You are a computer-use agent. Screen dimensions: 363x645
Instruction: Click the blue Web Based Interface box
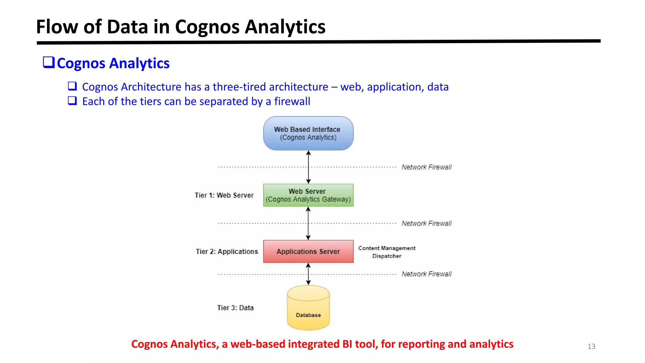(308, 133)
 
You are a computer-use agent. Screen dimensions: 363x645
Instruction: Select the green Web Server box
(308, 195)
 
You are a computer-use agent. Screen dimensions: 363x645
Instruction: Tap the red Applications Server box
(308, 251)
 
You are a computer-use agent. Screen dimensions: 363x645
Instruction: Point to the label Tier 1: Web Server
(224, 195)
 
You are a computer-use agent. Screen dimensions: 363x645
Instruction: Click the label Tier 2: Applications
(227, 251)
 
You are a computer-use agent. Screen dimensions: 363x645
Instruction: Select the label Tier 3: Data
(235, 308)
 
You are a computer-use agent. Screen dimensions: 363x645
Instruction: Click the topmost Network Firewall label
(426, 167)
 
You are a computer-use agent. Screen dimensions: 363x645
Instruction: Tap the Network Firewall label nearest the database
(426, 274)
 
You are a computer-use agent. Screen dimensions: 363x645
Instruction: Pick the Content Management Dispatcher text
(387, 252)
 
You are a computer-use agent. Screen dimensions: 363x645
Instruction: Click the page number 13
(591, 346)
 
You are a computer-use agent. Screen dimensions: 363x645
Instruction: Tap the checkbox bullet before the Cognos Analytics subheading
(49, 62)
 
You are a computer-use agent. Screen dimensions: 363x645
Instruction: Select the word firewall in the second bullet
(292, 101)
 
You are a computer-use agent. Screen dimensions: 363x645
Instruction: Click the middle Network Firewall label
(426, 223)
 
